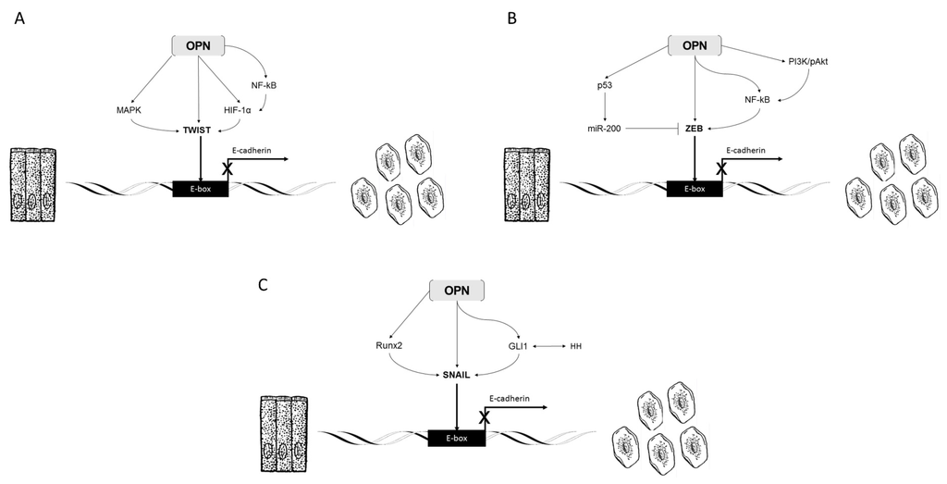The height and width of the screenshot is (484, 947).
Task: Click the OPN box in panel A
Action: [200, 44]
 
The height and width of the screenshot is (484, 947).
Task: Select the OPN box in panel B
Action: [695, 44]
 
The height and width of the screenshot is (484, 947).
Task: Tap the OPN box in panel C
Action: [458, 290]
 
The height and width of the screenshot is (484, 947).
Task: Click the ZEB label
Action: [695, 130]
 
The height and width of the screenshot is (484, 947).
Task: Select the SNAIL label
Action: [457, 374]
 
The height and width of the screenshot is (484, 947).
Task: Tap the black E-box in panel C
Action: [457, 435]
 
